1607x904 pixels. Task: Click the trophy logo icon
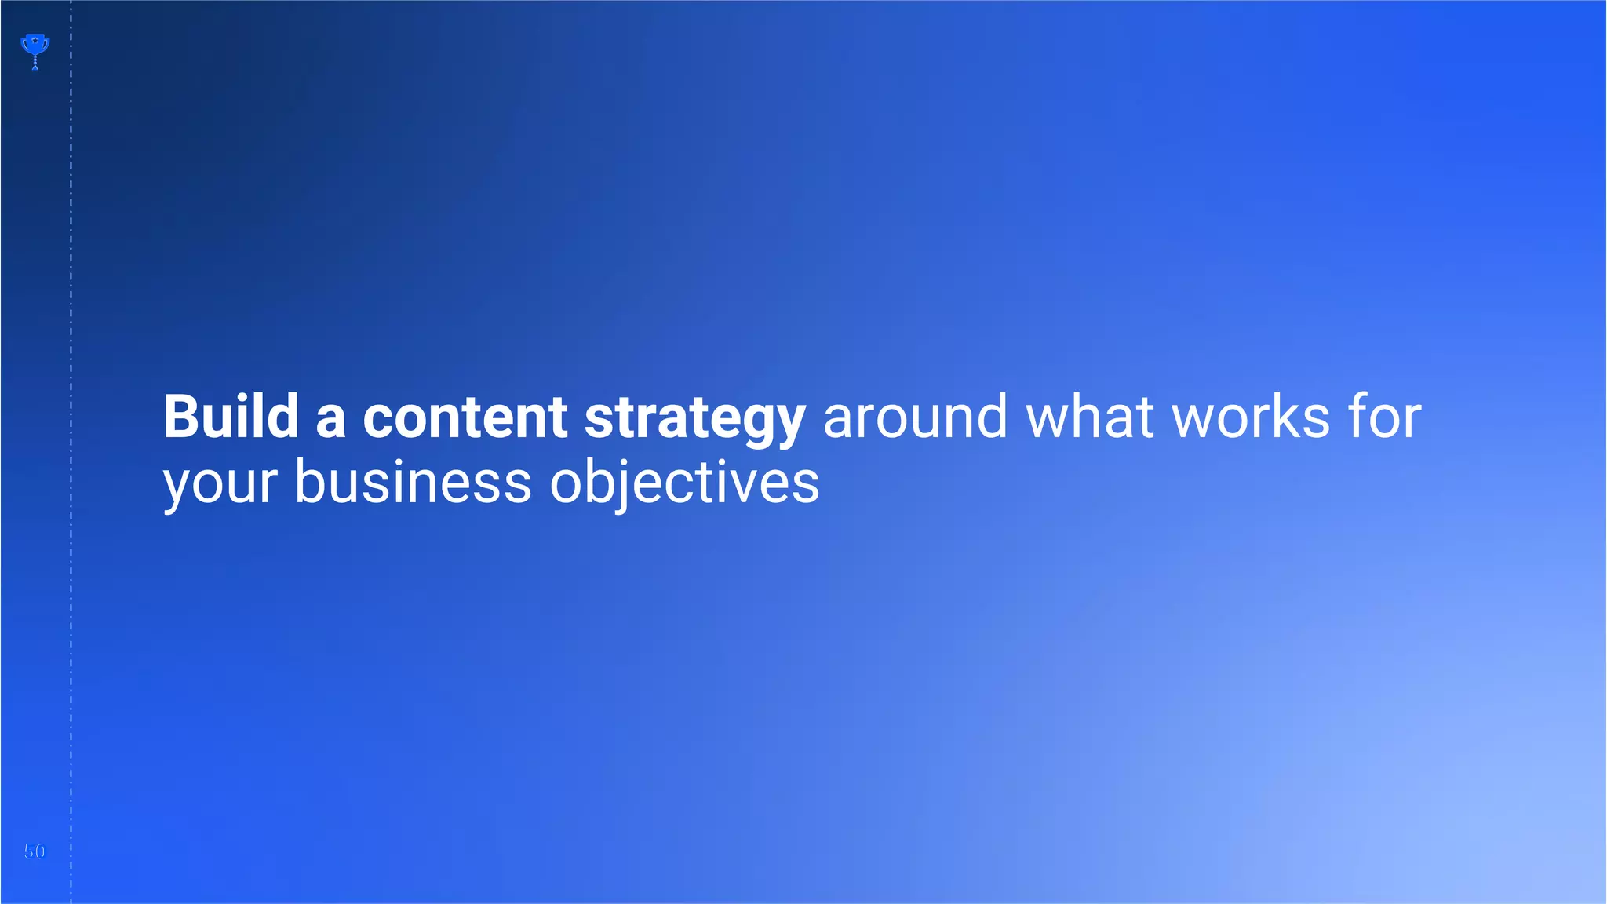[35, 49]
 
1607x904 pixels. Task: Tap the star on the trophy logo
[35, 40]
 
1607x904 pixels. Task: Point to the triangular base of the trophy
[35, 67]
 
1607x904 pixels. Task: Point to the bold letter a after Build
[330, 419]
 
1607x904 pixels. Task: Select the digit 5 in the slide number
[29, 851]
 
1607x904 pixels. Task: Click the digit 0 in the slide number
[40, 851]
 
